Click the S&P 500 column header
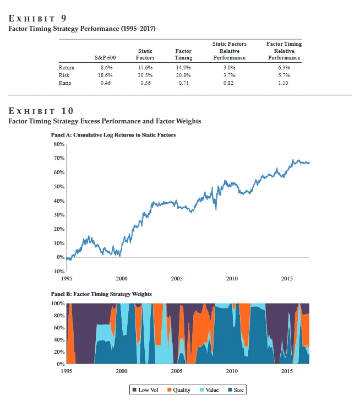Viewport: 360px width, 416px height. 101,57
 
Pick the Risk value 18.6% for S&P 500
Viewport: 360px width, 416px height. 101,75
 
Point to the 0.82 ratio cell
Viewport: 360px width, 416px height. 229,83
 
